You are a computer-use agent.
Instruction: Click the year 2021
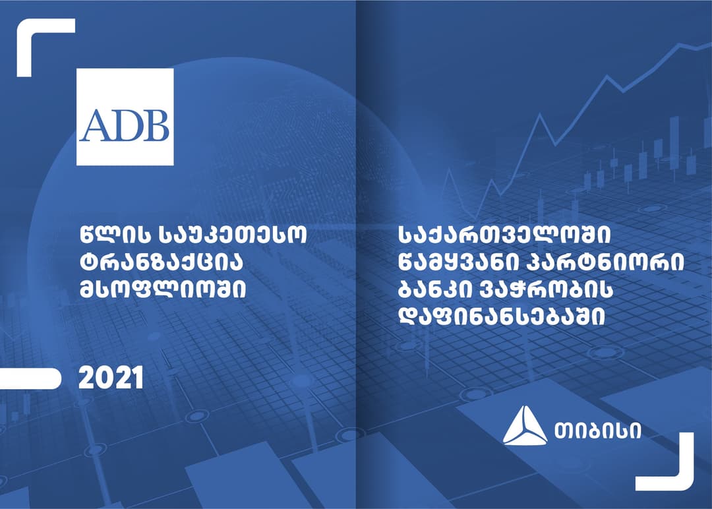pos(111,378)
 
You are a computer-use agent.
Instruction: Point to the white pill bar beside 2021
pos(30,378)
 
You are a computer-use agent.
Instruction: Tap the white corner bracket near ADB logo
pos(37,40)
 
